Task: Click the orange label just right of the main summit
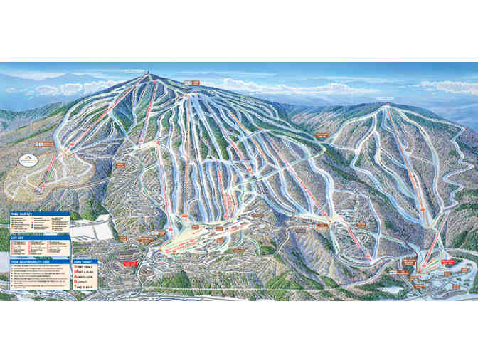(x=193, y=83)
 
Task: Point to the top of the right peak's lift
(x=387, y=107)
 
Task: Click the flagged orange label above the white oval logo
(x=47, y=144)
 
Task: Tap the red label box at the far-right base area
(x=448, y=262)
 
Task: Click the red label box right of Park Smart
(x=130, y=264)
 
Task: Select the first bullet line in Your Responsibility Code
(x=43, y=266)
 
